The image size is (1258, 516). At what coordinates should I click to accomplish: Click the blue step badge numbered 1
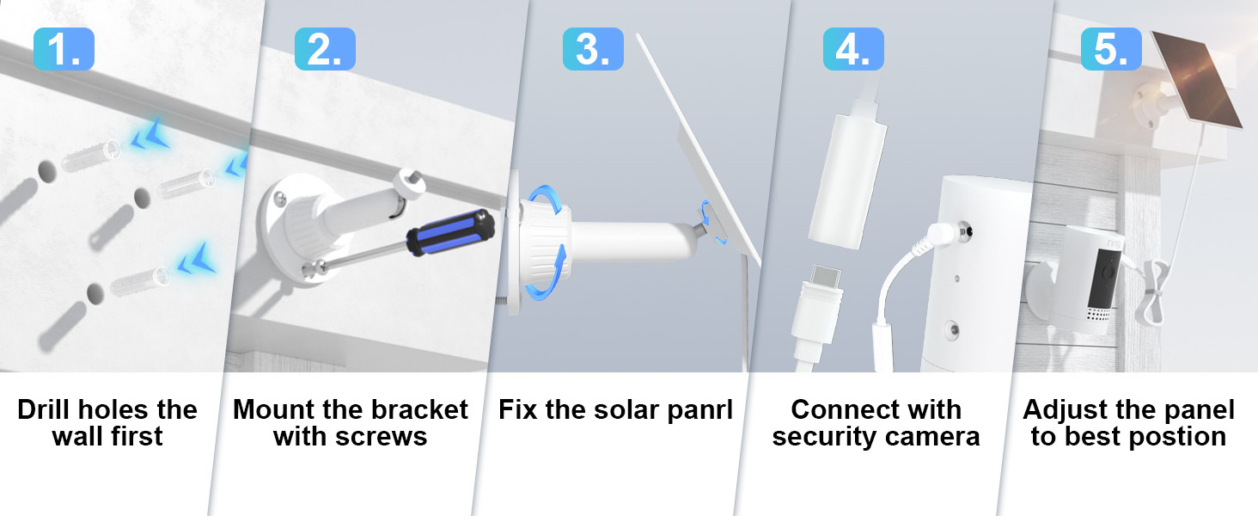tap(64, 49)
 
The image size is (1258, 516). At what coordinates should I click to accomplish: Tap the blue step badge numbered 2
tap(325, 49)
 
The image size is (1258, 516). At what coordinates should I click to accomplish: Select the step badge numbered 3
tap(593, 49)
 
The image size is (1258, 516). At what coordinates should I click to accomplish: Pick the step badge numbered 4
tap(853, 49)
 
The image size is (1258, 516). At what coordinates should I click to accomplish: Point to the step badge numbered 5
tap(1111, 49)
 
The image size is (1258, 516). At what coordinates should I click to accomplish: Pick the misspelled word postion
tap(1182, 437)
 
